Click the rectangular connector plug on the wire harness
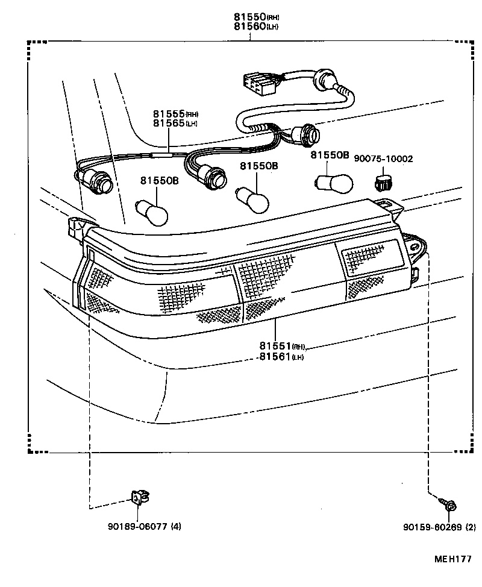257,84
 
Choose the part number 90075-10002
383,159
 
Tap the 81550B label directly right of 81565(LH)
259,166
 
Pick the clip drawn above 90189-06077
139,497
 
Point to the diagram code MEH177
453,559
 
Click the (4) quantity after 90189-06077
175,526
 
